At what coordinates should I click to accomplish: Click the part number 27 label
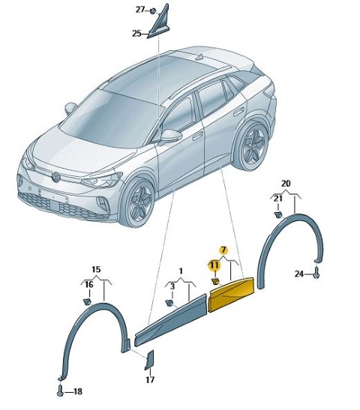140,10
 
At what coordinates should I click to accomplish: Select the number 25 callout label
136,34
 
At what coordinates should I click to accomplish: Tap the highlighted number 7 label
223,250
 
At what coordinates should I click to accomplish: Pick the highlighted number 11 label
214,265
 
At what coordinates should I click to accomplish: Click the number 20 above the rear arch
286,184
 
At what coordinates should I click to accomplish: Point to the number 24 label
299,274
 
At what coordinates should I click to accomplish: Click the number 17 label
150,379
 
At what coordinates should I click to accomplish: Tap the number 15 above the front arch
96,269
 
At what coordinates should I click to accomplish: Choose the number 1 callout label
181,271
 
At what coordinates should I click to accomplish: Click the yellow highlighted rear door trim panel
231,295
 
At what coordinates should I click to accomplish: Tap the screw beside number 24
316,273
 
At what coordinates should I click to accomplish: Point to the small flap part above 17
149,361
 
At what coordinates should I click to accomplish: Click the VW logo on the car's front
56,177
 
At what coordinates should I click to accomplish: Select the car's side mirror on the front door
171,136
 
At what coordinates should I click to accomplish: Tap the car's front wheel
138,200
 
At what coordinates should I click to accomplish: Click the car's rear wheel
253,146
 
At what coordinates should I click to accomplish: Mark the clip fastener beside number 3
169,303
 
